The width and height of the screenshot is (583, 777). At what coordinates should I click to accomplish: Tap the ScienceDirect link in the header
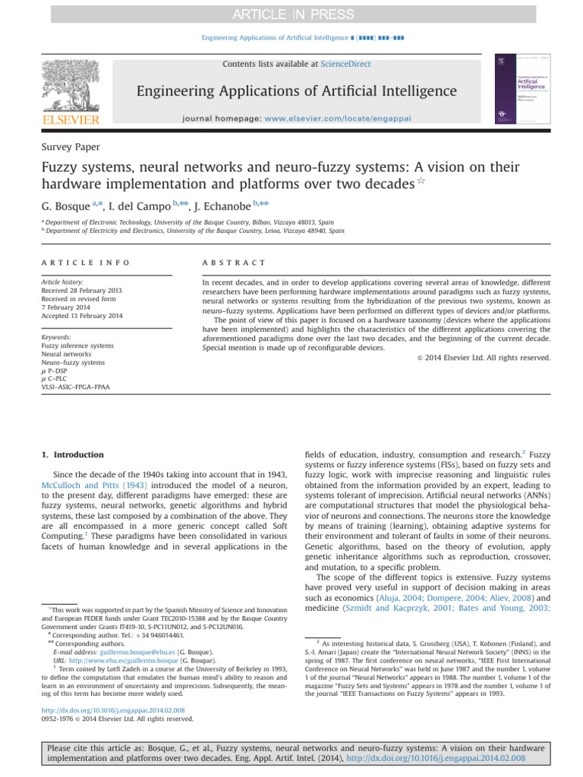click(x=345, y=64)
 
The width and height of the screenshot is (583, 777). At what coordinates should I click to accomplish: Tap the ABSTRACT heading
click(x=235, y=263)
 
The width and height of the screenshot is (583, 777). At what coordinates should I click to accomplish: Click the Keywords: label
click(x=58, y=337)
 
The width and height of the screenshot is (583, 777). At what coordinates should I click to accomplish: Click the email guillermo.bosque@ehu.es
click(x=128, y=652)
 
